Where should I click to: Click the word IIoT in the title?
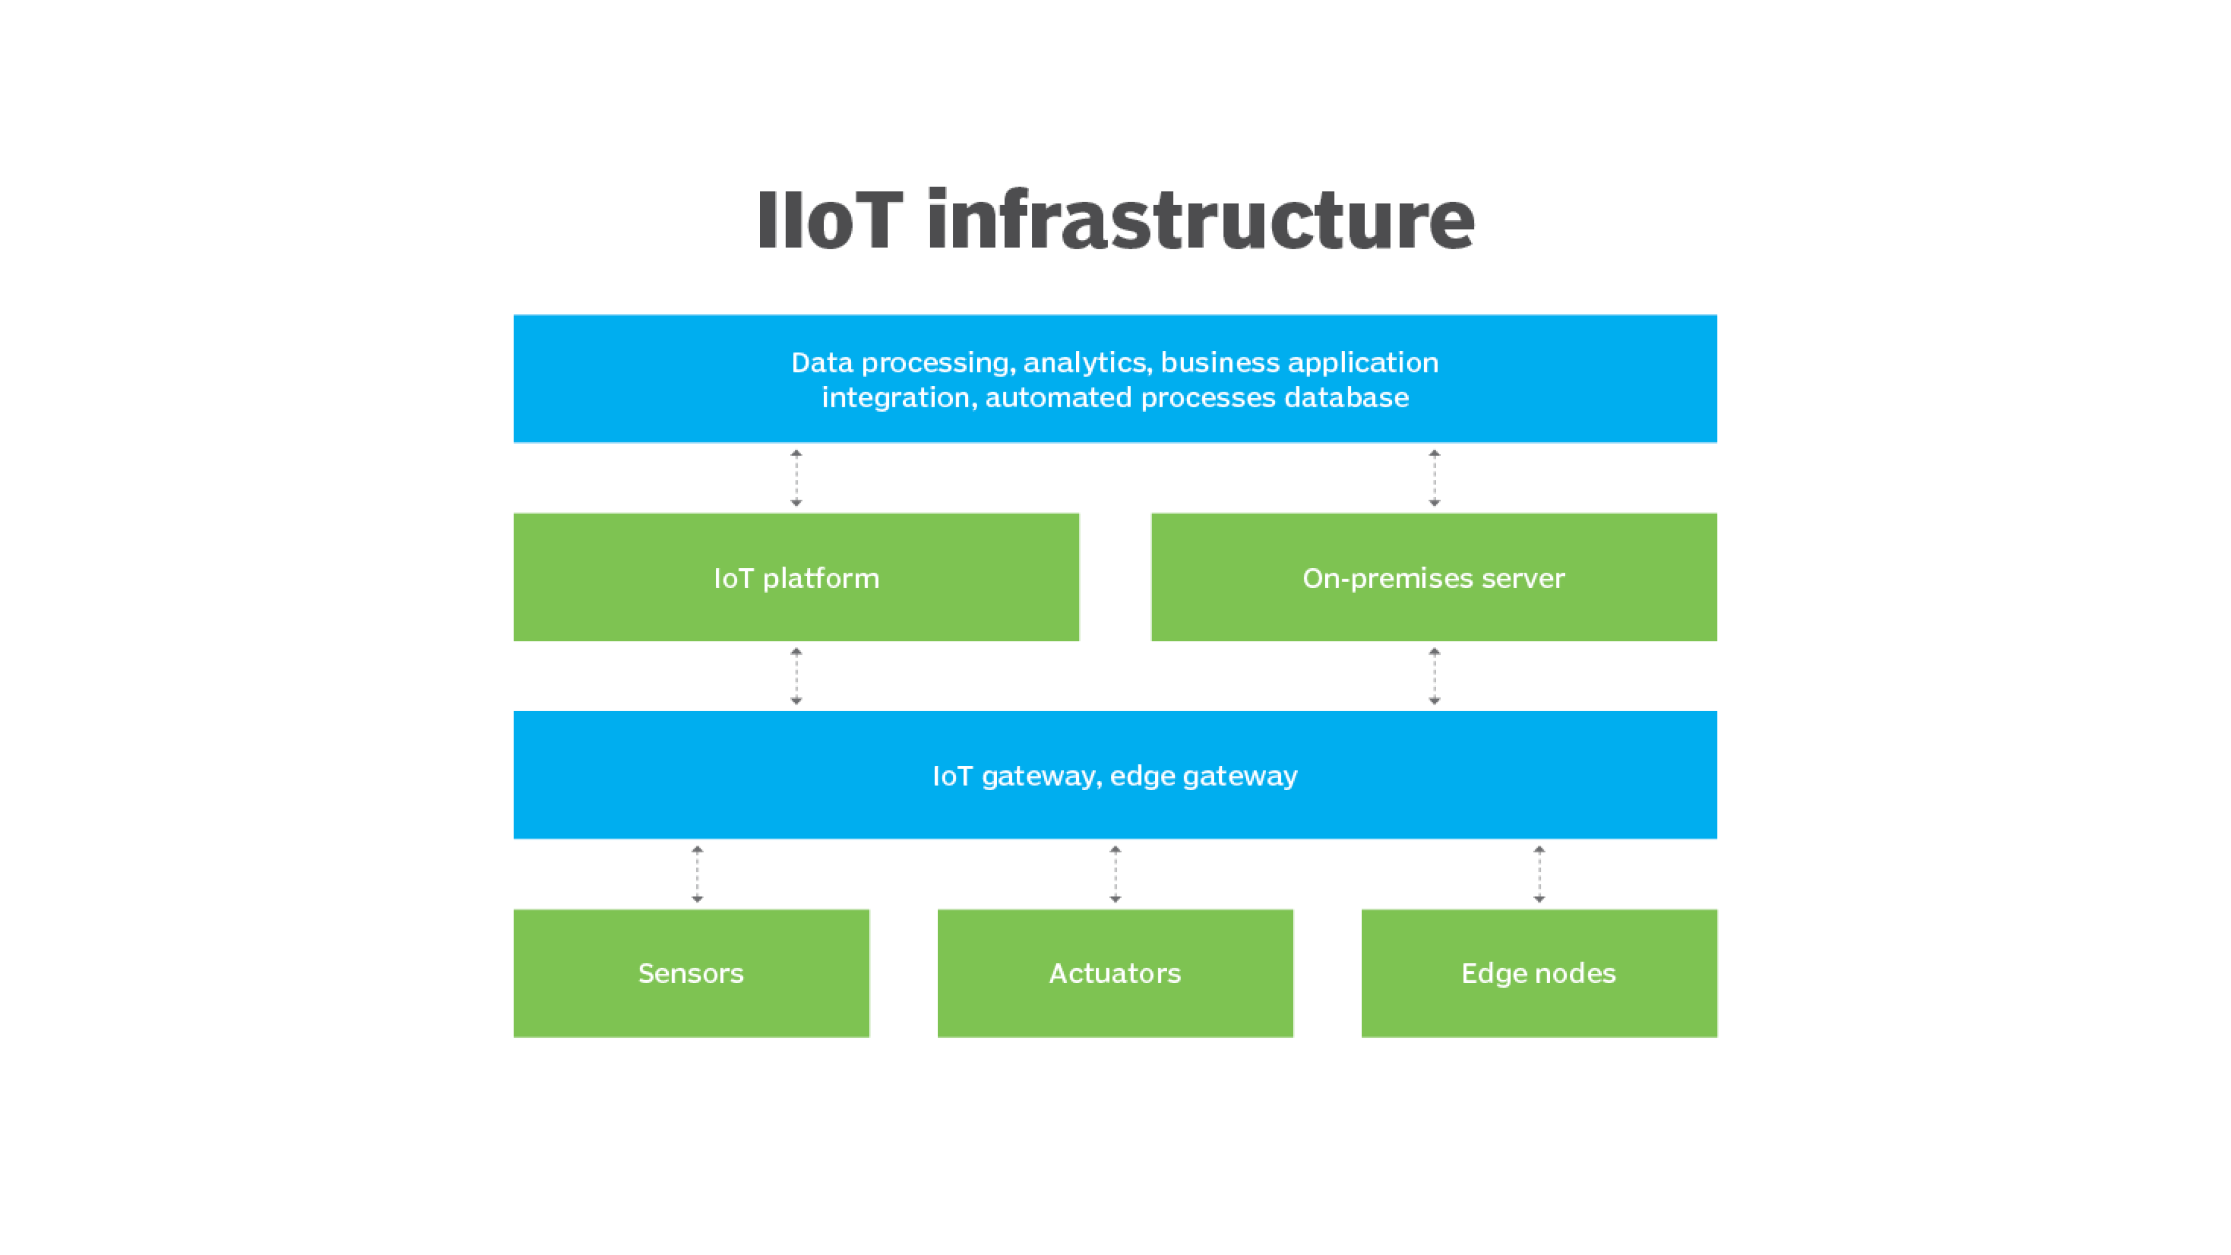click(829, 220)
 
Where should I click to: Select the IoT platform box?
click(796, 577)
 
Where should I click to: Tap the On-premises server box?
click(1433, 577)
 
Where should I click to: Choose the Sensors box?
click(691, 973)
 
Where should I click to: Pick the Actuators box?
click(1115, 973)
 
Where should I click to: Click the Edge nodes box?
click(1538, 973)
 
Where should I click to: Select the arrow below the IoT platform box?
click(796, 676)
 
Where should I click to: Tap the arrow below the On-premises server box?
click(1434, 676)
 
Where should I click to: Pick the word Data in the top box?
click(821, 363)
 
